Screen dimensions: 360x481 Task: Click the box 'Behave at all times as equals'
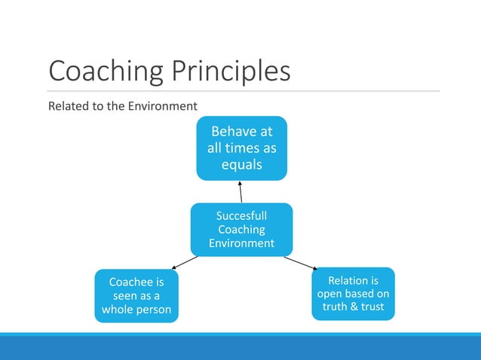point(241,148)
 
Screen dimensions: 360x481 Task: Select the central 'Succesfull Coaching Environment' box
point(241,229)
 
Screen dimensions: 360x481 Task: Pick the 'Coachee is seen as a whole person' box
point(136,296)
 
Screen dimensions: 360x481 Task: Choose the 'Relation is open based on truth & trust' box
point(353,294)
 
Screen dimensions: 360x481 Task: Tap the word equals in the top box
point(241,164)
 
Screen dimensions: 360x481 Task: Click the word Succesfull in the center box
point(241,216)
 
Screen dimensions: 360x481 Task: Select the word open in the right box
point(331,294)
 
